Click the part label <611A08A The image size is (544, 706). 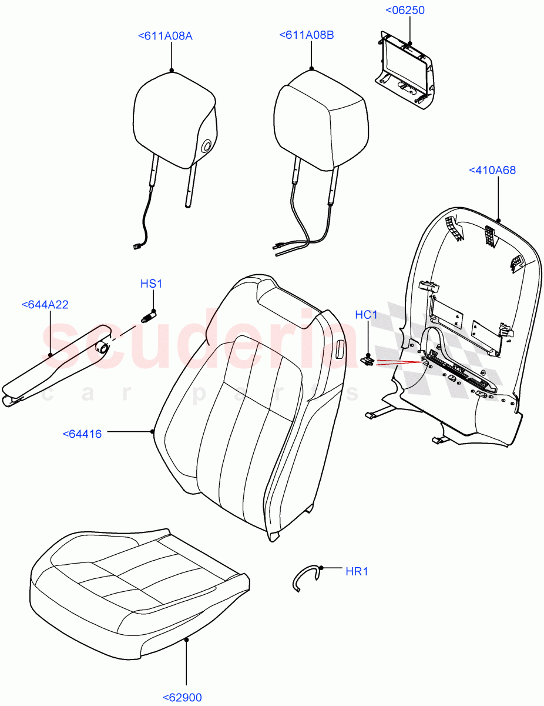coord(165,36)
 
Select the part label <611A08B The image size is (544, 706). coord(307,35)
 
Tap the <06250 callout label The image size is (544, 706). coord(405,11)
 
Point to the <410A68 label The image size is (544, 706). coord(492,170)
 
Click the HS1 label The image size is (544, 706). coord(151,284)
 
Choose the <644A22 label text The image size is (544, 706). coord(45,305)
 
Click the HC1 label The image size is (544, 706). coord(366,315)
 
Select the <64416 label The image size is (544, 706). coord(82,434)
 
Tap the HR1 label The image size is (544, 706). coord(357,571)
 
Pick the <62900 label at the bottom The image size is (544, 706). coord(182,698)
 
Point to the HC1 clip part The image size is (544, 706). coord(367,360)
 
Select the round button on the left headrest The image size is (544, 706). coord(206,147)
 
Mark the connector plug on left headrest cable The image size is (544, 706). coord(139,247)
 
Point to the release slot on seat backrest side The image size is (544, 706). coord(341,351)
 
